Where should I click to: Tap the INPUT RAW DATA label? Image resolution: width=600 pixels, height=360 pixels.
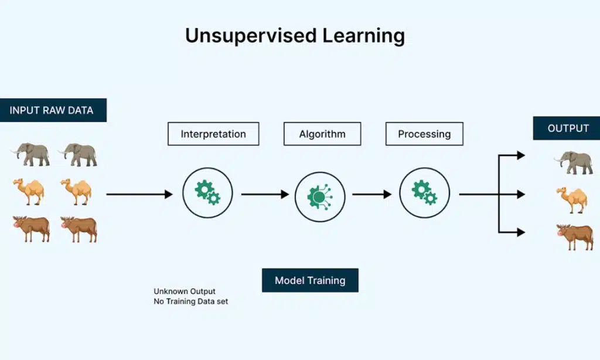(53, 110)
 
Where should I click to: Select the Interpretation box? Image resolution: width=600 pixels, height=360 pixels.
(213, 134)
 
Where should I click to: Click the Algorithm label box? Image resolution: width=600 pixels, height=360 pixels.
(322, 134)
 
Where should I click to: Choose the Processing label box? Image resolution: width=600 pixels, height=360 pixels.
(424, 134)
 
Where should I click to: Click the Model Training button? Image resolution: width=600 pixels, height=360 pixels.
(310, 280)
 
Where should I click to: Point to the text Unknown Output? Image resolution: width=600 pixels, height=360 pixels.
(185, 291)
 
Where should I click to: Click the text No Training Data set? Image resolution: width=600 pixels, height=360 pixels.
(191, 301)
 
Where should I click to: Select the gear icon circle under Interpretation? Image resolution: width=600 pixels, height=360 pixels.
(207, 193)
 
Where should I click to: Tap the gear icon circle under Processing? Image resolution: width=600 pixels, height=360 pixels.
(424, 193)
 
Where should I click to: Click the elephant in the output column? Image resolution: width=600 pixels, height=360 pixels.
(574, 162)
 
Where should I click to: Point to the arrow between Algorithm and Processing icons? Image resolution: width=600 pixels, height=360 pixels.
(371, 194)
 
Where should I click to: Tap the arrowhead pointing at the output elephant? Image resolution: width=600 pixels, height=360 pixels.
(520, 155)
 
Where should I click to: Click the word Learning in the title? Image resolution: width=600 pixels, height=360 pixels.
(363, 36)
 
